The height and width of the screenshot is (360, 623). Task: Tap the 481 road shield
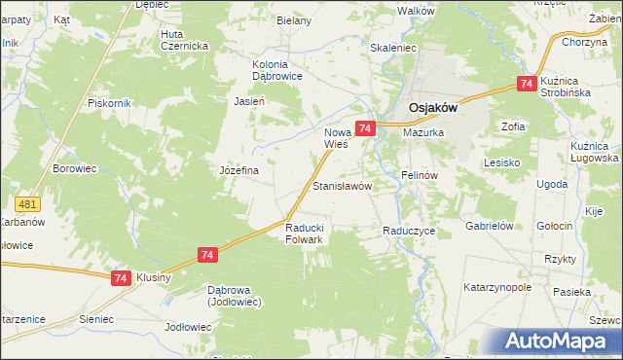[x=28, y=204]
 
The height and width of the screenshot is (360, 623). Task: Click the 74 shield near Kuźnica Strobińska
[x=527, y=85]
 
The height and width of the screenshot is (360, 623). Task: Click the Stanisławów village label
[x=341, y=185]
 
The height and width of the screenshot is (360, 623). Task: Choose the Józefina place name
[x=238, y=170]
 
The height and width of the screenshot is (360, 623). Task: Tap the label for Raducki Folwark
[x=311, y=234]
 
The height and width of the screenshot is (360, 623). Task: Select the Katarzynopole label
[x=501, y=288]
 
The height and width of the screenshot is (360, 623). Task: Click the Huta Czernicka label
[x=184, y=40]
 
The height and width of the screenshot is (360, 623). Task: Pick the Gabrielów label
[x=489, y=225]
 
